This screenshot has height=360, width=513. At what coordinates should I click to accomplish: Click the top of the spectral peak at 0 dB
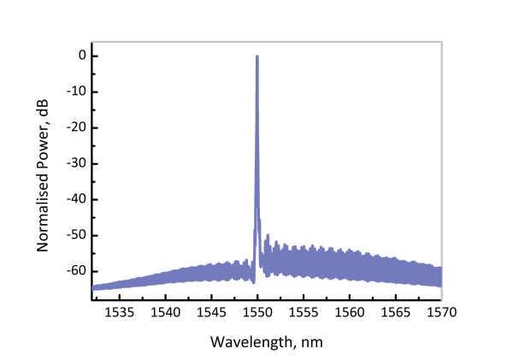pos(257,57)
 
